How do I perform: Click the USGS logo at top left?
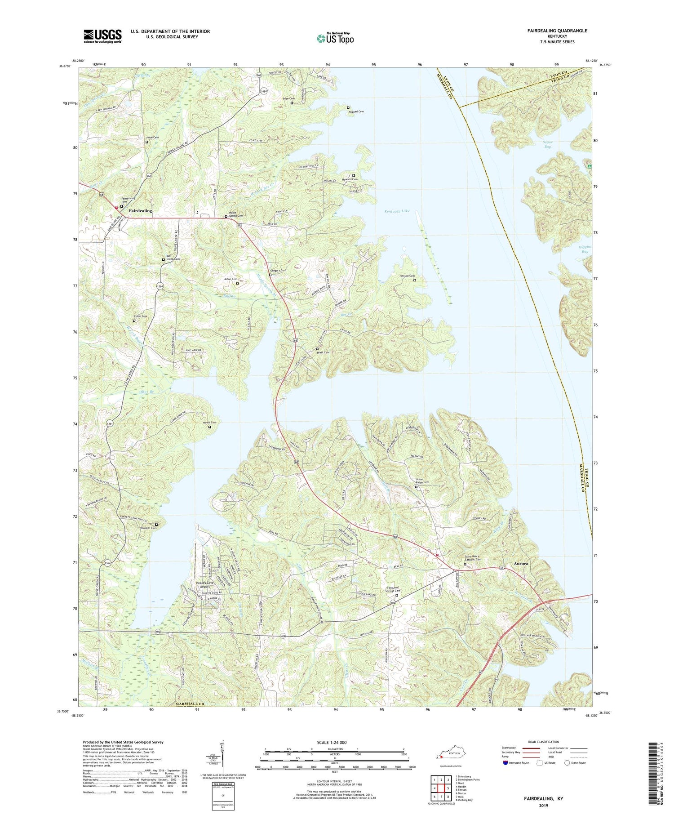pyautogui.click(x=102, y=36)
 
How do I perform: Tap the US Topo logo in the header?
pyautogui.click(x=335, y=38)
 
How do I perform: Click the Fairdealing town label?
pyautogui.click(x=140, y=211)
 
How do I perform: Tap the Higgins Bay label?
pyautogui.click(x=585, y=249)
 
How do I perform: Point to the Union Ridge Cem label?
pyautogui.click(x=422, y=481)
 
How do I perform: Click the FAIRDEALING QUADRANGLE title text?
pyautogui.click(x=557, y=31)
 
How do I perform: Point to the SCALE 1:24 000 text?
pyautogui.click(x=331, y=742)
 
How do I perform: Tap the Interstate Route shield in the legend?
pyautogui.click(x=506, y=763)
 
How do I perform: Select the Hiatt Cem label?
pyautogui.click(x=323, y=352)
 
